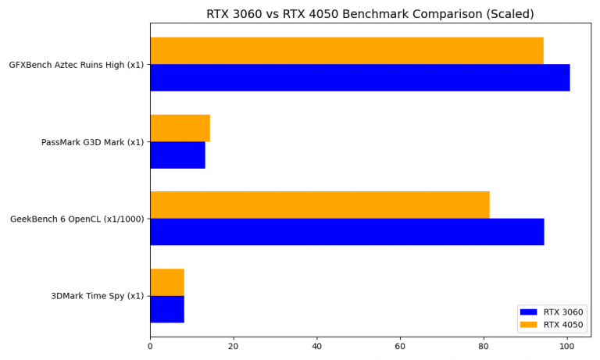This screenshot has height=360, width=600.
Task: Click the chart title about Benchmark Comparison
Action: click(370, 14)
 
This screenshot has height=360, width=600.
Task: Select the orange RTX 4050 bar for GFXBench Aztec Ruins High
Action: click(346, 51)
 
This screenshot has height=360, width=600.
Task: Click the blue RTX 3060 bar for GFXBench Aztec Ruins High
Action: click(359, 77)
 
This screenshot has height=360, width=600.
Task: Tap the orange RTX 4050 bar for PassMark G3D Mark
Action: click(180, 128)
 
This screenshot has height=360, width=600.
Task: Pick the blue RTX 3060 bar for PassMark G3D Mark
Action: click(177, 155)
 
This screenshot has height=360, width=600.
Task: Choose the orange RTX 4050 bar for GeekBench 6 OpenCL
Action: click(320, 205)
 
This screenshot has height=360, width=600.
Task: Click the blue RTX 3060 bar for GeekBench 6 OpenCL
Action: click(347, 231)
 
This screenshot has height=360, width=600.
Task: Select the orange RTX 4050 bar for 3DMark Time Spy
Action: click(167, 282)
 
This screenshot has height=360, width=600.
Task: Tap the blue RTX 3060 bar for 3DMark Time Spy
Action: click(167, 308)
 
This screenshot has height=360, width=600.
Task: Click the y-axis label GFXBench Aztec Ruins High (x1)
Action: click(76, 65)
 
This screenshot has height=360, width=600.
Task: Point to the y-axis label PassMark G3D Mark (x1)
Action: click(92, 142)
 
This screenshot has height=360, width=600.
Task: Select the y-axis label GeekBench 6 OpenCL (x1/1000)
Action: click(77, 219)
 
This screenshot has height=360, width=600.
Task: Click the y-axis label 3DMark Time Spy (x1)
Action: click(97, 296)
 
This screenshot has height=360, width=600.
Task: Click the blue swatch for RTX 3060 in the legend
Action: click(530, 312)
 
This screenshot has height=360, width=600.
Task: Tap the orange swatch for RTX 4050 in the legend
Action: click(530, 325)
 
